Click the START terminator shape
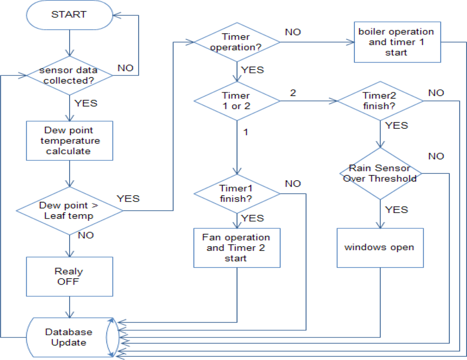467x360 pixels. [69, 14]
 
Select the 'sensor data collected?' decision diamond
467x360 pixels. [69, 75]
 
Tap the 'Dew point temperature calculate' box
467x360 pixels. [69, 140]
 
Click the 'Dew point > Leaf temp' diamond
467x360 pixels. [69, 210]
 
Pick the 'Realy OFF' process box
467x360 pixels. [69, 276]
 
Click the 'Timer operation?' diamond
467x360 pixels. [237, 42]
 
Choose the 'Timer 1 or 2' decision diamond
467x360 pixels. [237, 100]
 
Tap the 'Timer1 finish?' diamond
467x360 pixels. [237, 193]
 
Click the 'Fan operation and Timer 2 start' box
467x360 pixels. [237, 247]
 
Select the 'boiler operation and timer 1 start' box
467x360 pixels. [397, 42]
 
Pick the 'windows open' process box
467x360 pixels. [380, 247]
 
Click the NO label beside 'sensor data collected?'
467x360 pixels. [125, 68]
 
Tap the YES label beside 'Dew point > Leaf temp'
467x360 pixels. [128, 198]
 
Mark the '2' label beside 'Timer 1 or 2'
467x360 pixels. [293, 92]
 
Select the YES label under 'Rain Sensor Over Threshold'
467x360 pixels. [396, 210]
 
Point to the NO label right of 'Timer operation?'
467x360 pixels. [293, 32]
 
